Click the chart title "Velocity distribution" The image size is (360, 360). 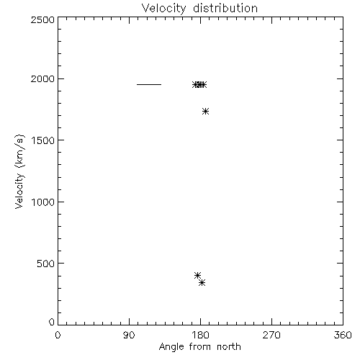[x=199, y=9]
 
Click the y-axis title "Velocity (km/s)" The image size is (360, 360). [x=19, y=171]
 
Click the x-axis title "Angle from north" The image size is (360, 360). [x=200, y=347]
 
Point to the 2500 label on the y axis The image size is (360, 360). [x=42, y=19]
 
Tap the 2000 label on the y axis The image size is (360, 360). [x=42, y=78]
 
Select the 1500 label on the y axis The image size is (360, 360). [x=43, y=140]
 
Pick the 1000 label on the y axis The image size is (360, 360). [x=43, y=202]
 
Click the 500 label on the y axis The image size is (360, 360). [x=46, y=264]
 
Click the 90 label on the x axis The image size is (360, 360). [x=129, y=335]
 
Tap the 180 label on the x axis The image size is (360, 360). [x=200, y=335]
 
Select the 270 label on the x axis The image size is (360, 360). [x=271, y=335]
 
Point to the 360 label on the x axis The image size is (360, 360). [x=343, y=335]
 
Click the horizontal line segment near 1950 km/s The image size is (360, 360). [x=149, y=84]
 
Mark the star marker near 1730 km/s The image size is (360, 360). [x=205, y=111]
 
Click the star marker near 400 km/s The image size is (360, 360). [x=197, y=275]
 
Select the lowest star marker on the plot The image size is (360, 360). [x=202, y=283]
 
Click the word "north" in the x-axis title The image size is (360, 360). [x=229, y=346]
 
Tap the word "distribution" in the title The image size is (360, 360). [x=225, y=8]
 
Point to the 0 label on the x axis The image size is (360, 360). [x=58, y=335]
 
